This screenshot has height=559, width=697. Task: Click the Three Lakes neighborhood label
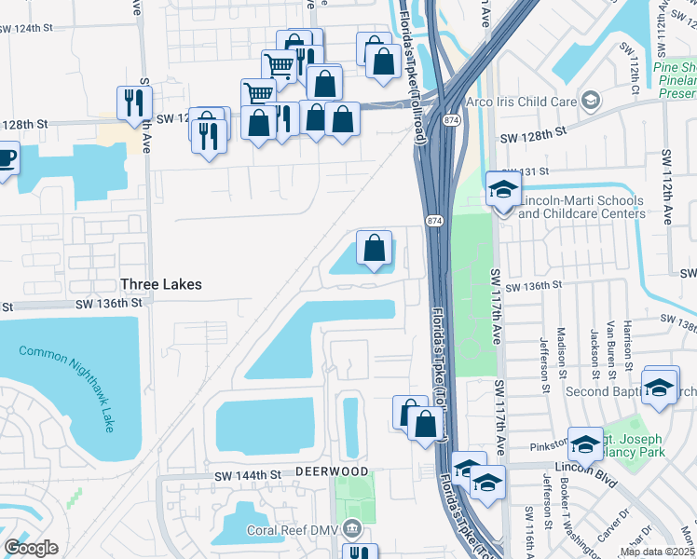(x=160, y=283)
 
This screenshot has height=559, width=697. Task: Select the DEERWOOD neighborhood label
(x=332, y=472)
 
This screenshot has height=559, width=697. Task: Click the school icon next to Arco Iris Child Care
(x=590, y=100)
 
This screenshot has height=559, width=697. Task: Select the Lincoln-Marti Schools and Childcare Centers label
(x=581, y=207)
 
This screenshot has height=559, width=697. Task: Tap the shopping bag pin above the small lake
(x=374, y=249)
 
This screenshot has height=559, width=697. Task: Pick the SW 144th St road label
(x=247, y=475)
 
